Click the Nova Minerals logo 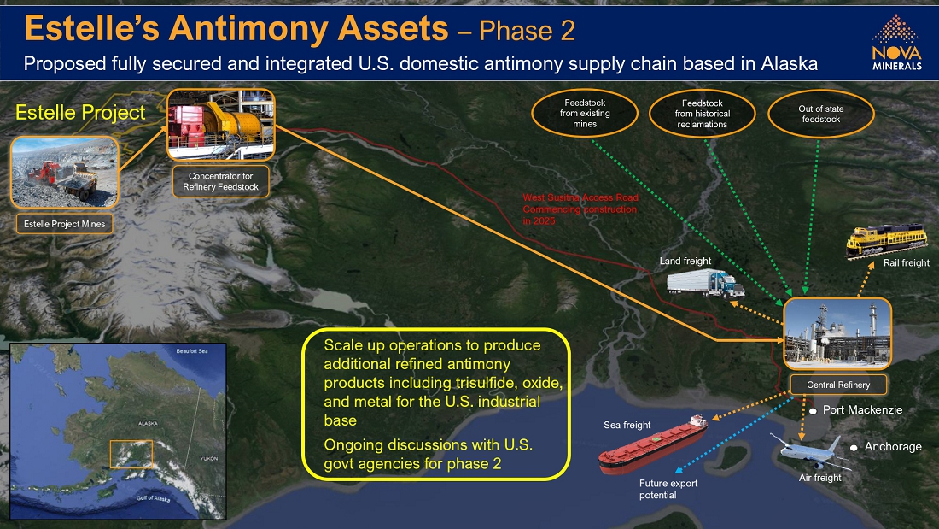[896, 43]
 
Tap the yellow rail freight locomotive [887, 240]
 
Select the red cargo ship [653, 444]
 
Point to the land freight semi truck [705, 283]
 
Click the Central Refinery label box [837, 385]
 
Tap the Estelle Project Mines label [64, 224]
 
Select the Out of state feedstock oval [820, 114]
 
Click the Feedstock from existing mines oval [585, 114]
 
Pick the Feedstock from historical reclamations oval [702, 114]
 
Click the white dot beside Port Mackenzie [813, 411]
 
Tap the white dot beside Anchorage [854, 448]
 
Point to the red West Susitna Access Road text [580, 209]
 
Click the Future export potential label [668, 489]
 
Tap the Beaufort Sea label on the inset [191, 351]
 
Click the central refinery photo [837, 333]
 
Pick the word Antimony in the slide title [308, 28]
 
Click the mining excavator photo [65, 173]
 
